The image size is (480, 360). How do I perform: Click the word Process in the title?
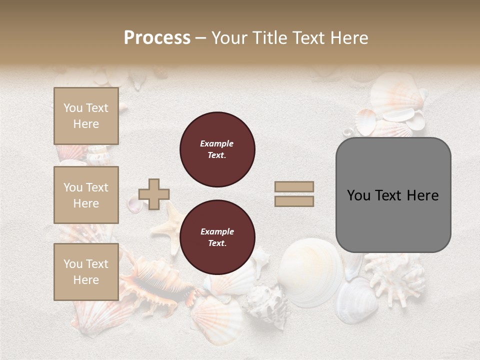(157, 37)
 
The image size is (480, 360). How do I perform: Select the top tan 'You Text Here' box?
(86, 116)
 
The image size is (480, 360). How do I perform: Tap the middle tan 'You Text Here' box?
(86, 195)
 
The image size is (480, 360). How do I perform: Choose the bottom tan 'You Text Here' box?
(86, 272)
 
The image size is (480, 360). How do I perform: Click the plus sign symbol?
(154, 194)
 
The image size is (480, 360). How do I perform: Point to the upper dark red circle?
(217, 149)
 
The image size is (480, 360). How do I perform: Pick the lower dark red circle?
(217, 237)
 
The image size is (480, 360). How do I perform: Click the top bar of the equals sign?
(294, 186)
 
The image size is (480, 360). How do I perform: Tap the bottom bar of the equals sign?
(294, 201)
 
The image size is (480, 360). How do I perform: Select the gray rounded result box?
(393, 195)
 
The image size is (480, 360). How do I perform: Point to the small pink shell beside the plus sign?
(134, 204)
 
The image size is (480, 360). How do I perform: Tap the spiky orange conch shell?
(150, 280)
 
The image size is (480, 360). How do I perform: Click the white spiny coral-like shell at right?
(395, 275)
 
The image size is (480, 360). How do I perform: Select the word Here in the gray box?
(422, 195)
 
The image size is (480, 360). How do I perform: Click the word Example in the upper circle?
(217, 143)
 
